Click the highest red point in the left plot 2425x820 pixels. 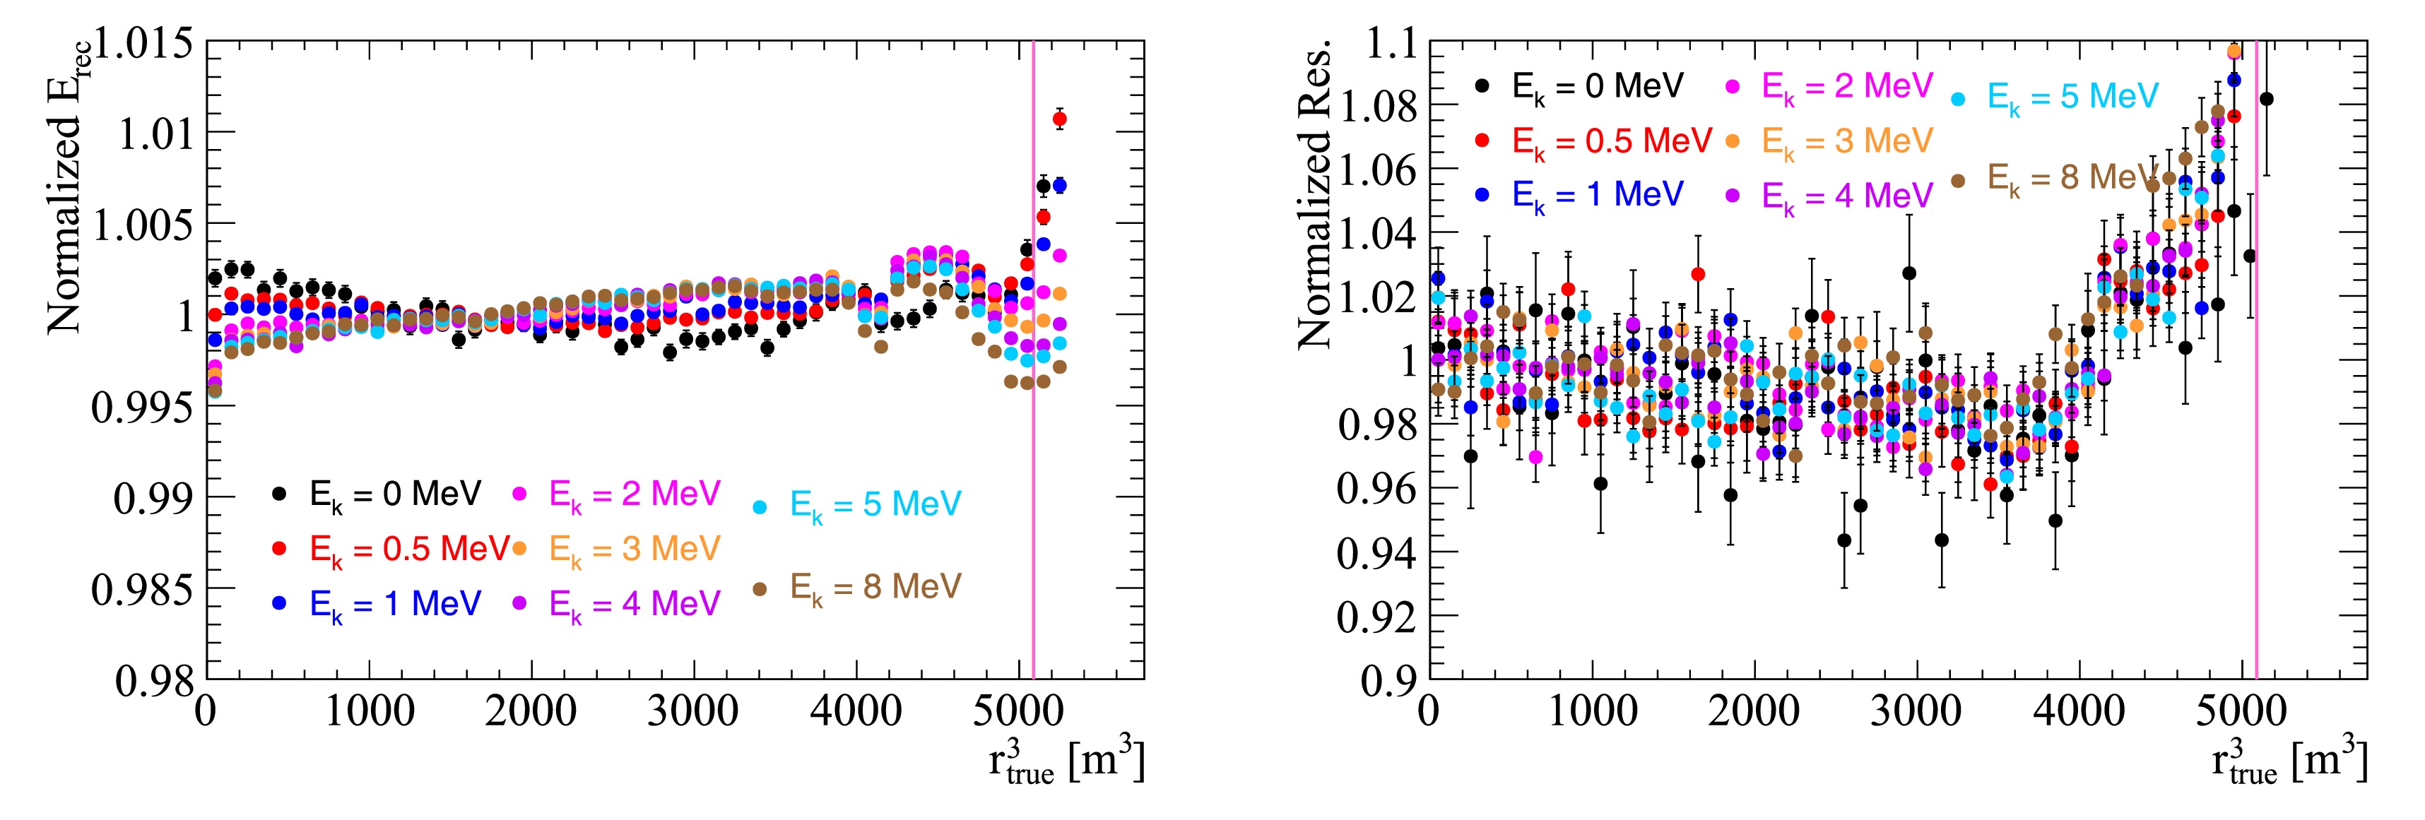1059,119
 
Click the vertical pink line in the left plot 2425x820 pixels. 1034,470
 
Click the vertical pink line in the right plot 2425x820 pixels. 2257,470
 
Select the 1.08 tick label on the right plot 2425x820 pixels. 1376,107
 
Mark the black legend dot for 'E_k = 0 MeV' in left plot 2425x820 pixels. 278,493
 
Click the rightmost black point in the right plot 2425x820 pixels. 2266,99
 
